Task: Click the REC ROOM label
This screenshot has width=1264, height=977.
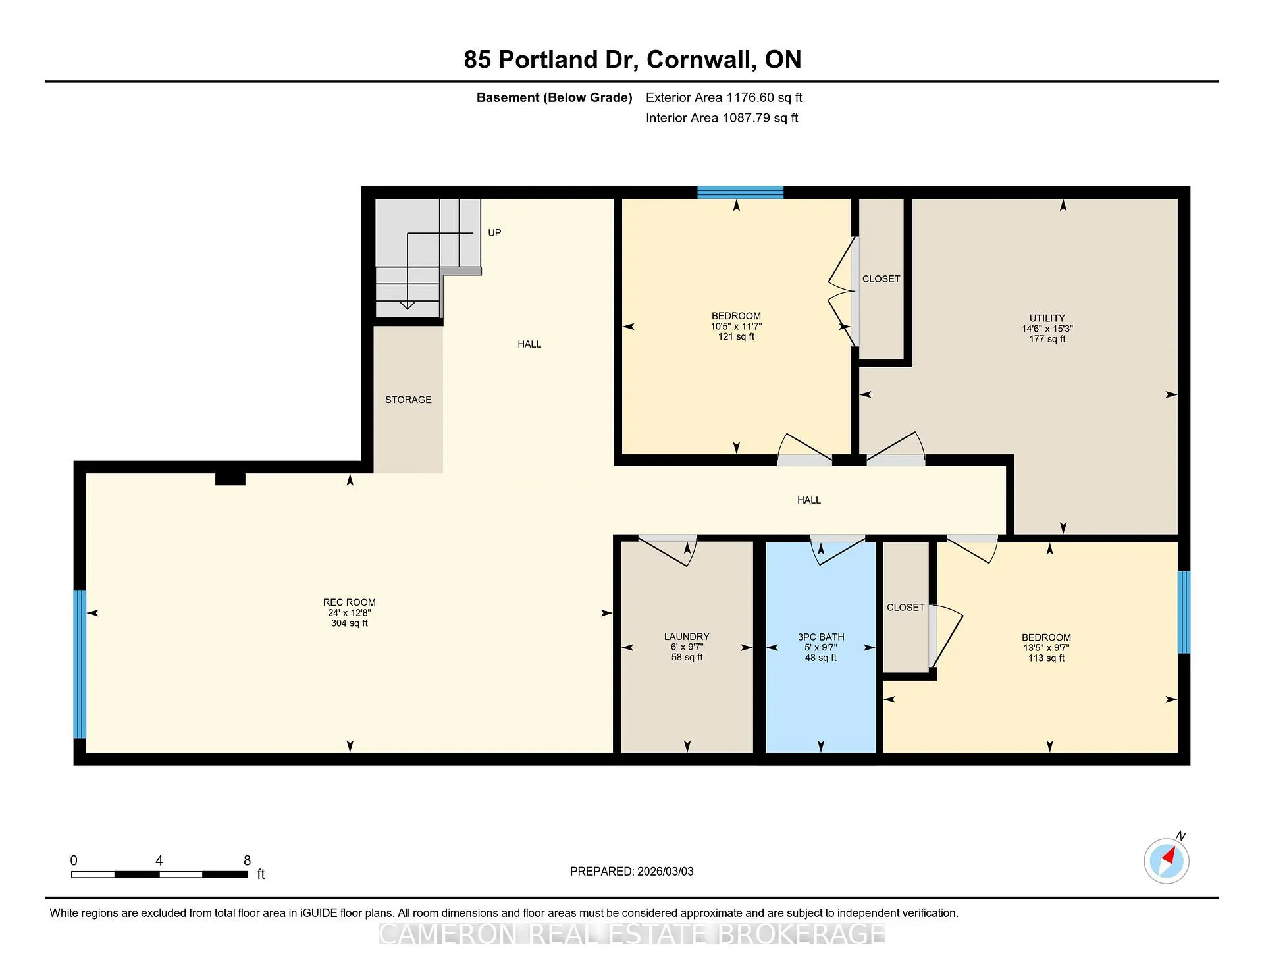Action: pyautogui.click(x=350, y=602)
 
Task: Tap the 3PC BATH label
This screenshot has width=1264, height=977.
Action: pyautogui.click(x=821, y=637)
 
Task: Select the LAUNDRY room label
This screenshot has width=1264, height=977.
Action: pyautogui.click(x=687, y=637)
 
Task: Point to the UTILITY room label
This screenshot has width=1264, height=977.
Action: pyautogui.click(x=1047, y=318)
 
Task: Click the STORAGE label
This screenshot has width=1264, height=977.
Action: pyautogui.click(x=408, y=400)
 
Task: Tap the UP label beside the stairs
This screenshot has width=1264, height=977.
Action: pyautogui.click(x=494, y=232)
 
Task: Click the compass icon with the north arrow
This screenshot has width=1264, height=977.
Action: pyautogui.click(x=1167, y=860)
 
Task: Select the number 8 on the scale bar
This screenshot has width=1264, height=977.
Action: pyautogui.click(x=248, y=860)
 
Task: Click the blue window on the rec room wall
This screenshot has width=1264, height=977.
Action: pyautogui.click(x=80, y=664)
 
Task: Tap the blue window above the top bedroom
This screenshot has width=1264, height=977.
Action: pyautogui.click(x=741, y=192)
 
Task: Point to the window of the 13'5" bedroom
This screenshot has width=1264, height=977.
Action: pyautogui.click(x=1184, y=612)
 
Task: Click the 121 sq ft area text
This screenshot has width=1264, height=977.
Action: pyautogui.click(x=736, y=337)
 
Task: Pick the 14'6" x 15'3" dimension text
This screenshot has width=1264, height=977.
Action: pyautogui.click(x=1047, y=329)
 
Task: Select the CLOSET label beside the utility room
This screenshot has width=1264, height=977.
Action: pyautogui.click(x=881, y=279)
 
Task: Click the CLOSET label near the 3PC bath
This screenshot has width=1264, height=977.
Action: pyautogui.click(x=906, y=608)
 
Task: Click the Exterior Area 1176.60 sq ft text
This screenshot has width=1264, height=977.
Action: pyautogui.click(x=724, y=98)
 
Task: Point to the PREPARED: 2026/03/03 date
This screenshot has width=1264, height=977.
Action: pyautogui.click(x=632, y=872)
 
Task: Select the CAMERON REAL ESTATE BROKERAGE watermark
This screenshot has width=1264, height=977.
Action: pyautogui.click(x=632, y=934)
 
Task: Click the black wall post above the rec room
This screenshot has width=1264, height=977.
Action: pyautogui.click(x=230, y=479)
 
